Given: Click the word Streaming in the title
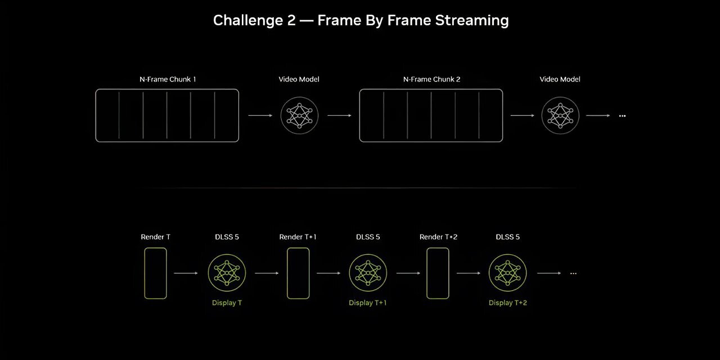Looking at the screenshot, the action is click(472, 21).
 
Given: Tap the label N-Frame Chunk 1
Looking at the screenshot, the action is click(168, 79).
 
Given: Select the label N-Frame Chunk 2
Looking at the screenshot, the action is click(431, 79).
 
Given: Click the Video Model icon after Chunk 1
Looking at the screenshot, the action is click(299, 115).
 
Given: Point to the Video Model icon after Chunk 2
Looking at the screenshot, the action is click(560, 115).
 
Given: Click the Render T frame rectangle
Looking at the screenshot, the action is click(145, 273).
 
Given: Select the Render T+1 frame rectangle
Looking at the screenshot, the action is click(287, 273).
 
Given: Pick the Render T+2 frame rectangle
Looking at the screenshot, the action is click(427, 273).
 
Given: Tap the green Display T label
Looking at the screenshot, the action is click(227, 303).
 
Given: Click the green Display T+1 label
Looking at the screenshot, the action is click(368, 303).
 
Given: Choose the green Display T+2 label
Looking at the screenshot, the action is click(508, 303).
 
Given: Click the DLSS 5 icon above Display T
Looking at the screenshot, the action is click(227, 273).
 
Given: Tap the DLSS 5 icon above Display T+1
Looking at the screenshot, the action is click(368, 273).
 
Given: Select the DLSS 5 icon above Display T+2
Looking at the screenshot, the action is click(508, 273).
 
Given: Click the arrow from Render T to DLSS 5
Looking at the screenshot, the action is click(186, 273).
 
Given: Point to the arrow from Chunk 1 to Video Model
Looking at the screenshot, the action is click(260, 115).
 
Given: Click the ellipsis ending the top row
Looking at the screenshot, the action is click(622, 116).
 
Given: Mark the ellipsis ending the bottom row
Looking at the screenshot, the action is click(573, 273).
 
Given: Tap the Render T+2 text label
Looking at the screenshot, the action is click(438, 237).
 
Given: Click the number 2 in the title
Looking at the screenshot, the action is click(291, 21).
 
